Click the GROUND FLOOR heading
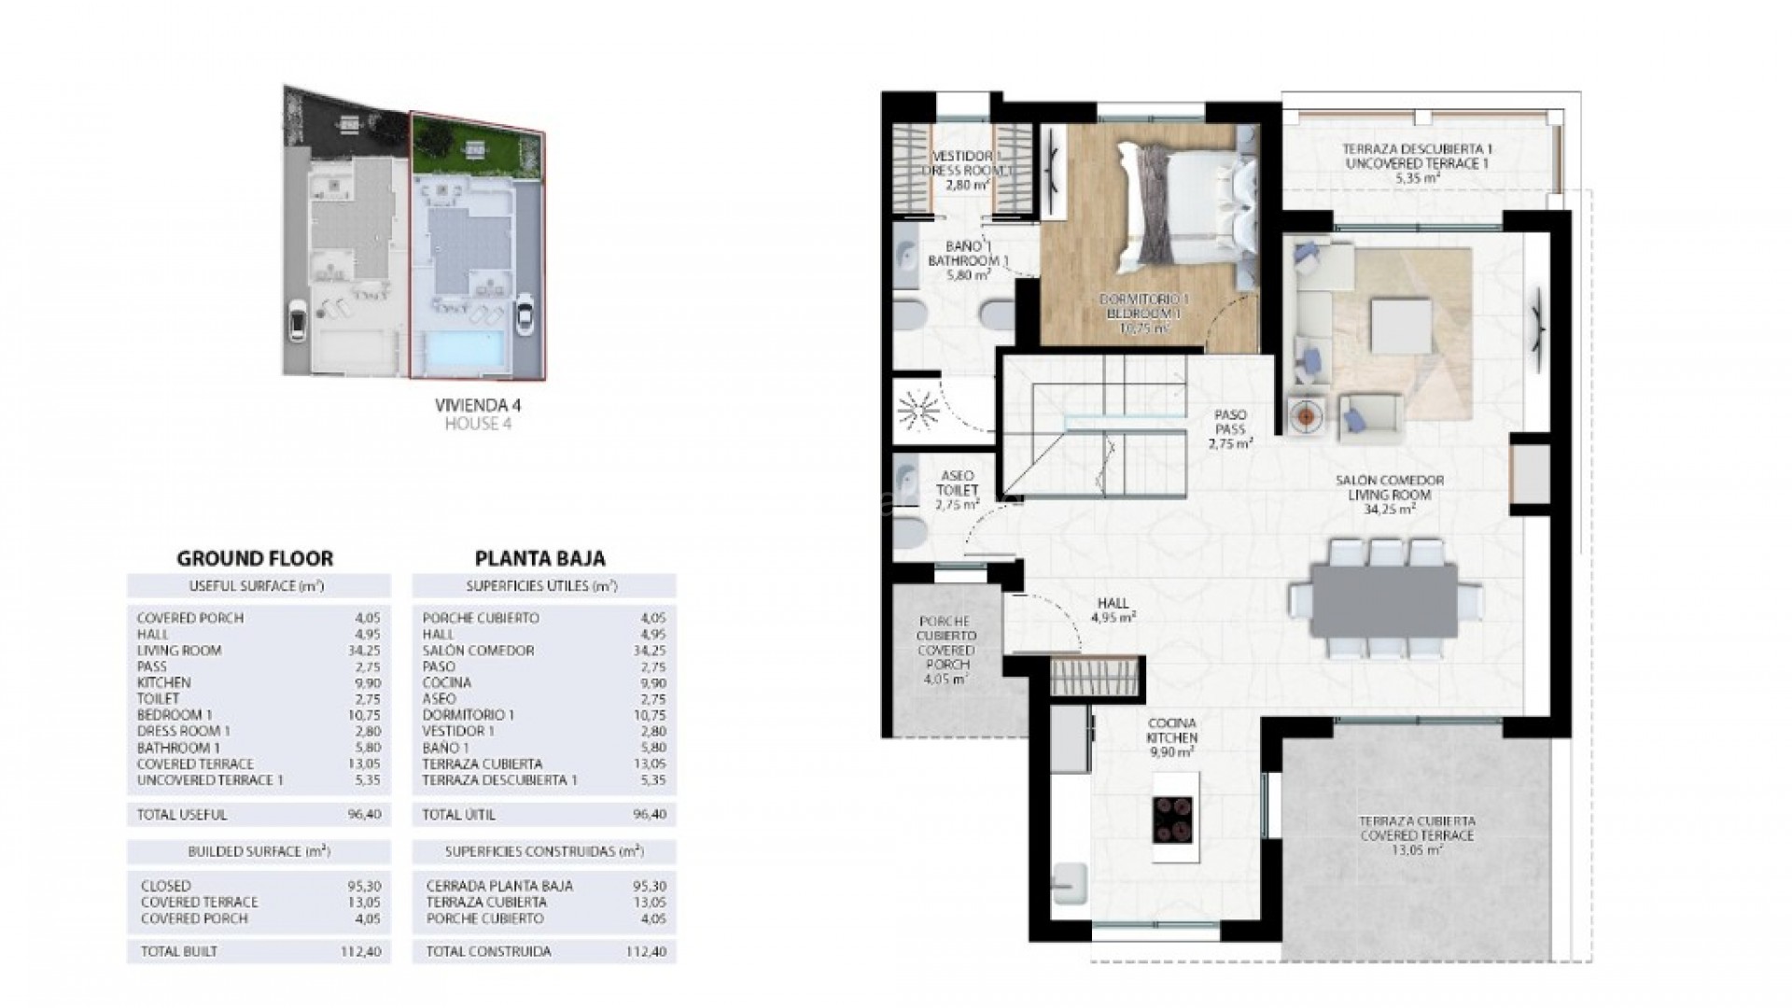point(255,558)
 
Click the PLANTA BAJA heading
point(539,558)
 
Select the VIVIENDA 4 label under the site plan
point(478,406)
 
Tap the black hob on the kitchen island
point(1174,819)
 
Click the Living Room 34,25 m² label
point(1389,495)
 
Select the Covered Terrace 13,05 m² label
point(1417,835)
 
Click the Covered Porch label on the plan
point(945,650)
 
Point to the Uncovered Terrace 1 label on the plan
point(1417,162)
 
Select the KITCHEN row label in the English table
point(163,682)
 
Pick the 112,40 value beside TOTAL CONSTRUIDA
point(650,952)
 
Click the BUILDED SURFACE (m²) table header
point(259,852)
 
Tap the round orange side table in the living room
point(1305,416)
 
